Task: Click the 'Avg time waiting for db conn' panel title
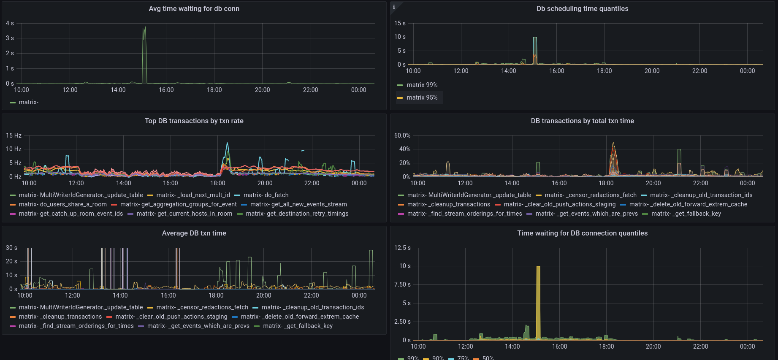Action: point(194,8)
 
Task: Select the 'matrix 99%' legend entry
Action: point(422,85)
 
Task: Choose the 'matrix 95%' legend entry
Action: point(422,97)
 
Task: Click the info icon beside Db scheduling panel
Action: point(394,7)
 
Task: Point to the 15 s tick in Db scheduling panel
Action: point(399,23)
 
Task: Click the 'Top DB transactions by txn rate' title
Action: point(194,121)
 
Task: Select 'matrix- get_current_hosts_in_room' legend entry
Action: point(184,214)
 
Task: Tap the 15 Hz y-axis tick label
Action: point(14,135)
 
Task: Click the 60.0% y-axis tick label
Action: point(402,135)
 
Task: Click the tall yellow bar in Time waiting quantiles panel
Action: point(538,302)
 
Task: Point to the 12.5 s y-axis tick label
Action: point(402,248)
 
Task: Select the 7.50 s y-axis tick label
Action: point(402,284)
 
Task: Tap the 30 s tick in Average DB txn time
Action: point(11,248)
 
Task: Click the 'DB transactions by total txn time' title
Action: point(582,121)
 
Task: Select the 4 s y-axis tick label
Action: point(10,23)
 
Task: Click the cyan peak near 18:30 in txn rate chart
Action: point(228,144)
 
